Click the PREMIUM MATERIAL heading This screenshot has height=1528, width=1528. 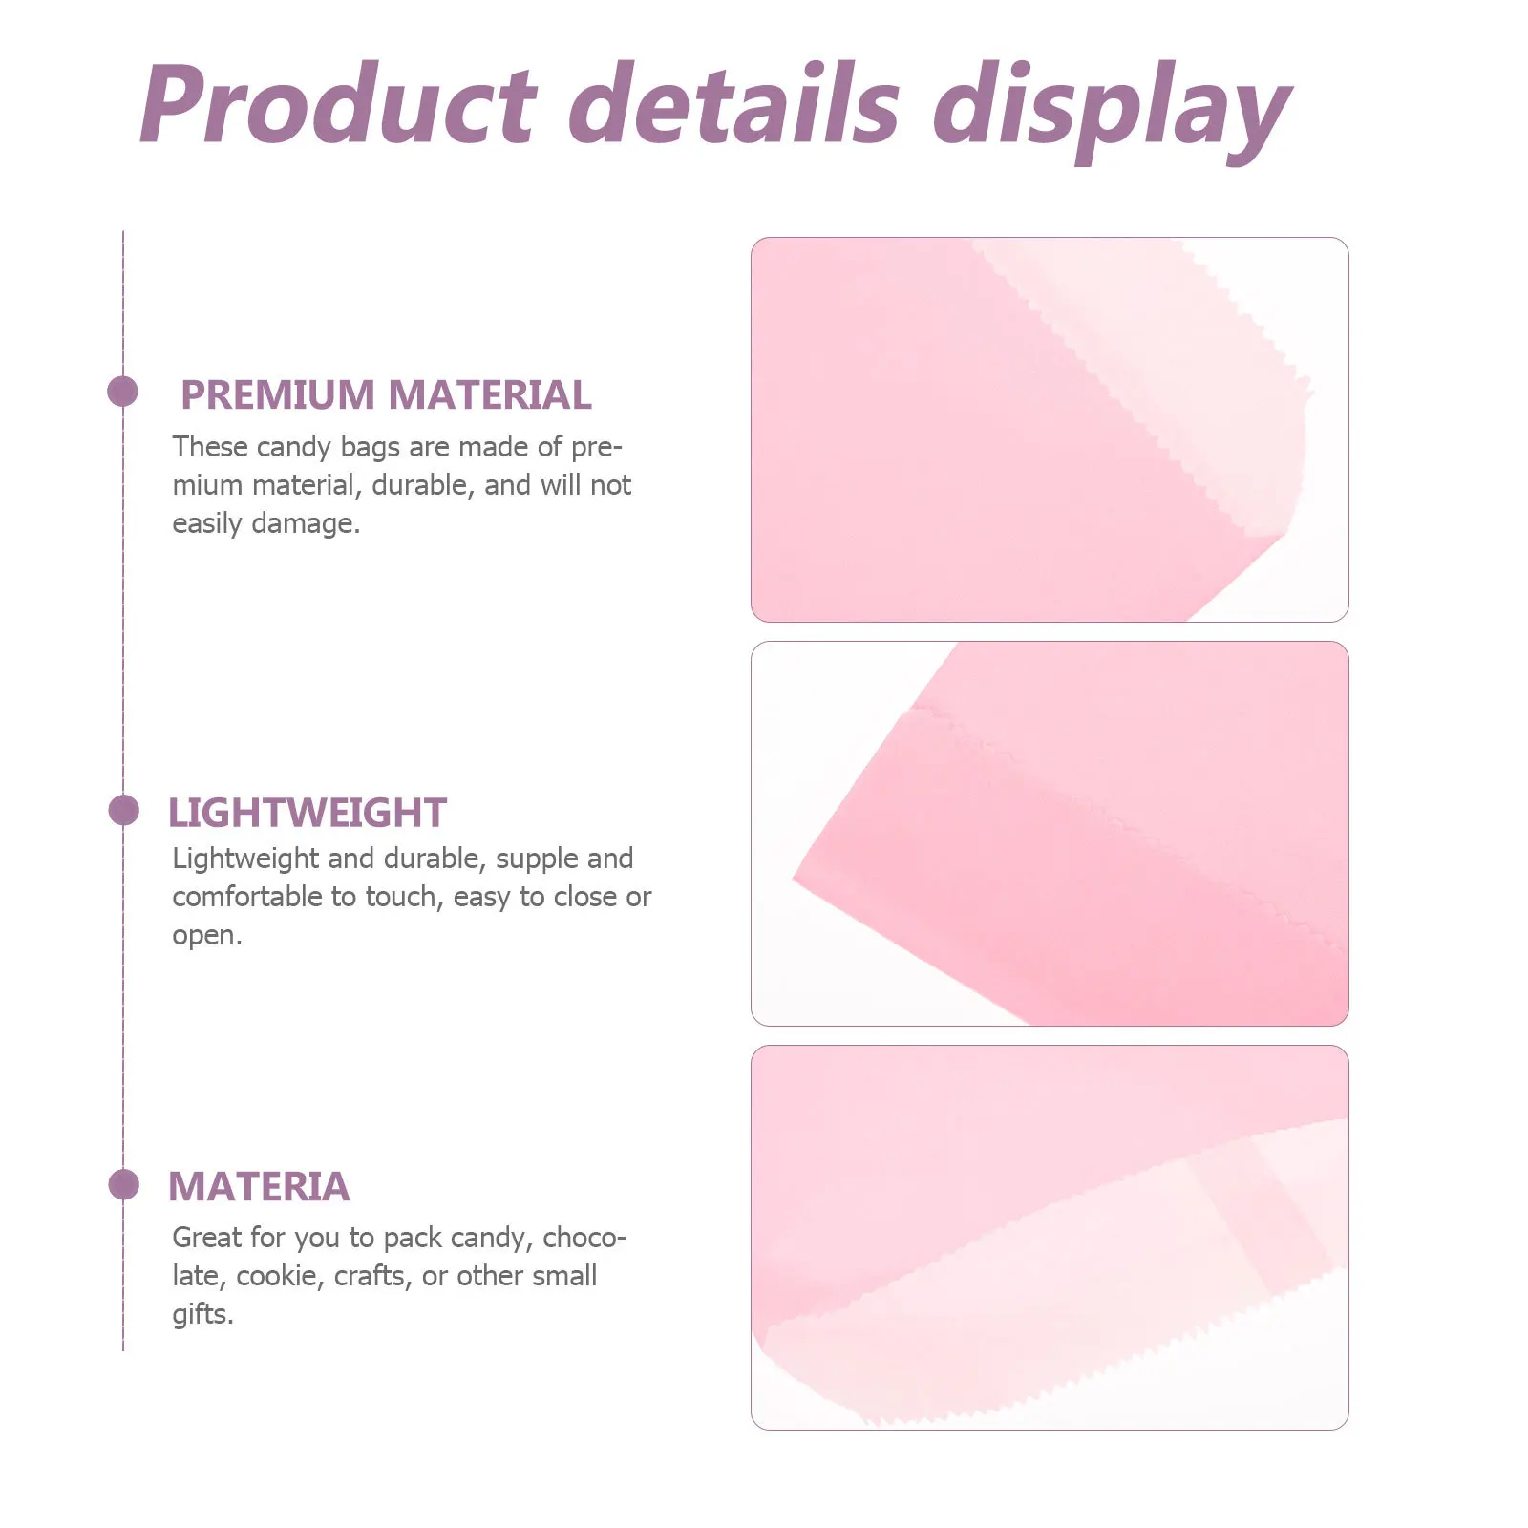point(386,394)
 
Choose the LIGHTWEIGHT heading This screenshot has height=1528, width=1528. point(307,813)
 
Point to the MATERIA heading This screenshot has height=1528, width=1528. point(259,1186)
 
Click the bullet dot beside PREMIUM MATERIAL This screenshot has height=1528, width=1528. point(123,392)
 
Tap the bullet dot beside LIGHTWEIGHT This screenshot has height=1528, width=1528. point(123,811)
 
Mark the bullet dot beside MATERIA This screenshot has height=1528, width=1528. point(123,1185)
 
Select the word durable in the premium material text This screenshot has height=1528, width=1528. point(422,485)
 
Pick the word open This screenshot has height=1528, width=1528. point(206,935)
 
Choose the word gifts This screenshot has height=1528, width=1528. point(202,1314)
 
